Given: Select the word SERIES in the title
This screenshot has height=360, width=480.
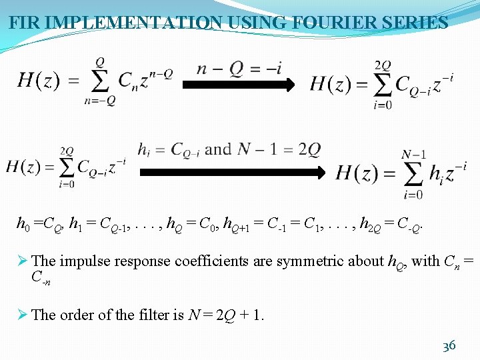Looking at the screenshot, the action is [x=412, y=23].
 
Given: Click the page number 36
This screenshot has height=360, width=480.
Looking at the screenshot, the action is [x=449, y=346].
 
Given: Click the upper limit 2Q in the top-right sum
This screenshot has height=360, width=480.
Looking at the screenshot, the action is [x=383, y=65].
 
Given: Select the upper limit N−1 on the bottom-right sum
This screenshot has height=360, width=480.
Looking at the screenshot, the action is [x=413, y=155].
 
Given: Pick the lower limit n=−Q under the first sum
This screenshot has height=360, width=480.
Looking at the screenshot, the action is [x=100, y=101].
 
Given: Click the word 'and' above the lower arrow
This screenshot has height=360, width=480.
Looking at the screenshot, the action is [x=218, y=149].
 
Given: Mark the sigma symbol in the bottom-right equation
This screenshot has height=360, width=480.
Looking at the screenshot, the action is [x=413, y=174].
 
